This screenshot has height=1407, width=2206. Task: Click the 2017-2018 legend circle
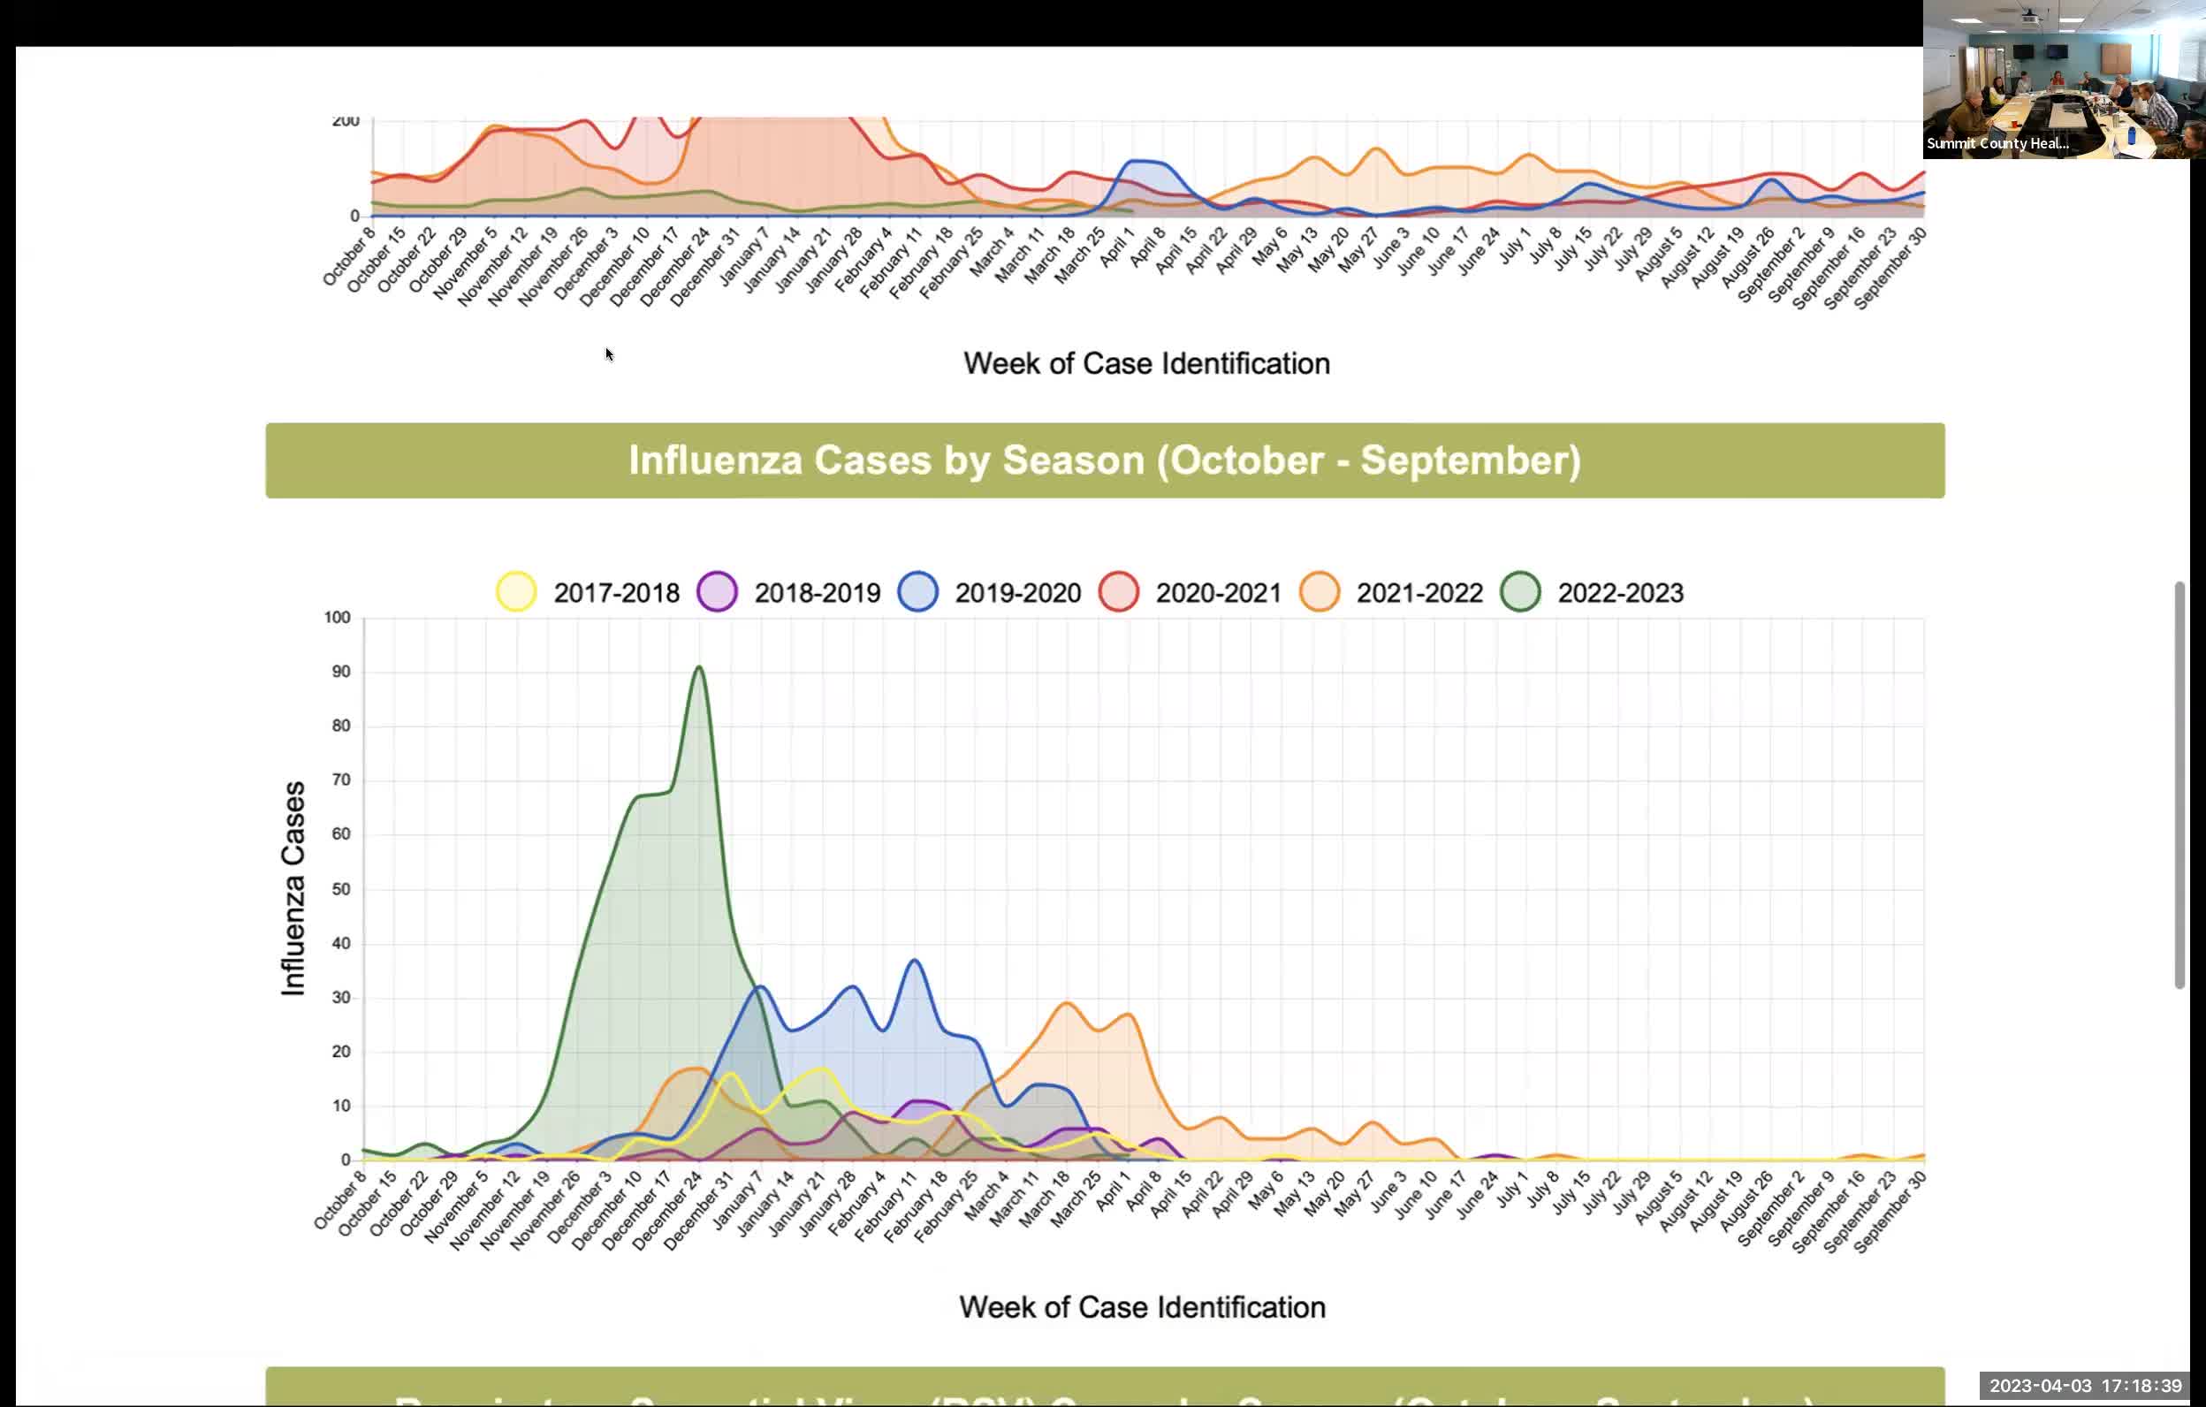(516, 592)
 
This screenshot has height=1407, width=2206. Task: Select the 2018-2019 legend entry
(718, 592)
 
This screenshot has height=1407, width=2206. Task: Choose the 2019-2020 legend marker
(918, 592)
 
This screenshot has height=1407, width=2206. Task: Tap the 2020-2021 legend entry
(1119, 592)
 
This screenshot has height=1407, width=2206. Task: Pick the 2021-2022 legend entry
(1320, 592)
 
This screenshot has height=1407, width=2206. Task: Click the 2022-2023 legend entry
(1520, 592)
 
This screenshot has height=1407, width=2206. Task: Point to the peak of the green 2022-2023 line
(700, 667)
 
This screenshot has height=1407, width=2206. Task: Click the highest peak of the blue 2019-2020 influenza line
(914, 960)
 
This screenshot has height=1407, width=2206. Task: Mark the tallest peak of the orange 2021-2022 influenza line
(1068, 1003)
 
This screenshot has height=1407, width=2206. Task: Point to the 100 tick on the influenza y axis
(337, 618)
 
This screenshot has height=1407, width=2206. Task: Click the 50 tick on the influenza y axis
(341, 888)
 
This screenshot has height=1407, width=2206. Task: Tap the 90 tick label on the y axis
(341, 672)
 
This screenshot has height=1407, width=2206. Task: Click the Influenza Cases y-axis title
(293, 887)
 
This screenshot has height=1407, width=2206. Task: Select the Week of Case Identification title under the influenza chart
(1142, 1306)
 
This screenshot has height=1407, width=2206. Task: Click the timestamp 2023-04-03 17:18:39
(2085, 1386)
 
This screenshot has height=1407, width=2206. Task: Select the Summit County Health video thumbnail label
(1997, 143)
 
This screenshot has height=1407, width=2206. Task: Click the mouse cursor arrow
(608, 353)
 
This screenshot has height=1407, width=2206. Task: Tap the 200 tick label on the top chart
(346, 121)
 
